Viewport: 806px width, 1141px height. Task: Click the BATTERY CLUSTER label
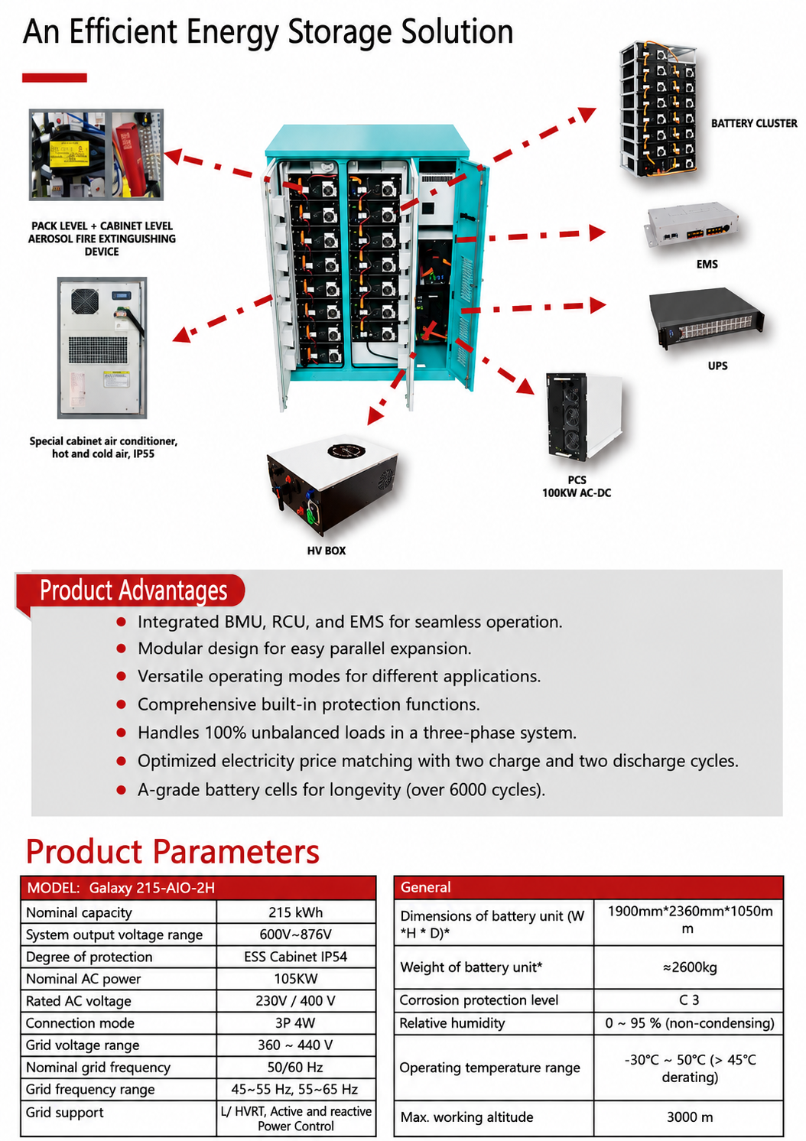(x=754, y=123)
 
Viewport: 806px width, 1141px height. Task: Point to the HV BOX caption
(x=326, y=551)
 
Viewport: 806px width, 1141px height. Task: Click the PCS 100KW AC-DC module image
(x=584, y=416)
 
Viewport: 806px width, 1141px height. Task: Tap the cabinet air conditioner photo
(x=102, y=348)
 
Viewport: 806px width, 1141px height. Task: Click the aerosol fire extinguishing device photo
(x=96, y=154)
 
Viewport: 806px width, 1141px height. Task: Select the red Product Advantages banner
(x=130, y=591)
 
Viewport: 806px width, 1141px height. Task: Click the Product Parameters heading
(x=173, y=852)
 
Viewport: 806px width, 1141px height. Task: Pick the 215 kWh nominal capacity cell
(x=296, y=912)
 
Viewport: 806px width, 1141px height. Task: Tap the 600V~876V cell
(x=296, y=935)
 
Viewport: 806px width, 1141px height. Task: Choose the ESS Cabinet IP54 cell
(x=296, y=957)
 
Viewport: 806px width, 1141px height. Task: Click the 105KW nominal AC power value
(x=296, y=979)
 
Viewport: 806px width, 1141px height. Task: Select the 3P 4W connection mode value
(x=295, y=1022)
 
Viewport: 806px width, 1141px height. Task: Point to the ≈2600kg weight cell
(x=689, y=967)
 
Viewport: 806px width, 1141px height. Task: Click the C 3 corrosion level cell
(x=689, y=1000)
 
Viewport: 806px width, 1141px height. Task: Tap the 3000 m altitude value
(x=690, y=1117)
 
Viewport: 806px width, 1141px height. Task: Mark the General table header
(x=589, y=887)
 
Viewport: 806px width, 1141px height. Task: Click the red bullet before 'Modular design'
(x=122, y=649)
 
